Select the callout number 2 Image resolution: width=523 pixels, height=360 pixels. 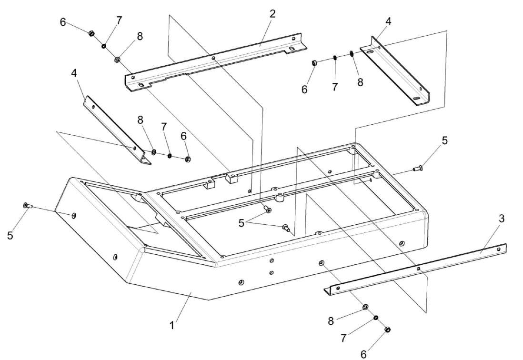272,13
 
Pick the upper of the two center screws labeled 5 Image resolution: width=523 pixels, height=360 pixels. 268,210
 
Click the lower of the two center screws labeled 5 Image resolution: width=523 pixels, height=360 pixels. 286,228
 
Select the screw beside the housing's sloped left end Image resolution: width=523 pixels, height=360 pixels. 27,206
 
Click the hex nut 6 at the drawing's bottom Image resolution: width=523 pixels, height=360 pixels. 387,330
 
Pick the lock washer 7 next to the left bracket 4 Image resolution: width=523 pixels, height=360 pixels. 169,155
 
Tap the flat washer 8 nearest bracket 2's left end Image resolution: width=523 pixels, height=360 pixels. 116,60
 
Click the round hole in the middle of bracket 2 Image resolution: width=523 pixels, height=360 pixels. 214,59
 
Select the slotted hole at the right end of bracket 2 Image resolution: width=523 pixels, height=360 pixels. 291,50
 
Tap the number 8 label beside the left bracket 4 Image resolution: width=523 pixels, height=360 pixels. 141,120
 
